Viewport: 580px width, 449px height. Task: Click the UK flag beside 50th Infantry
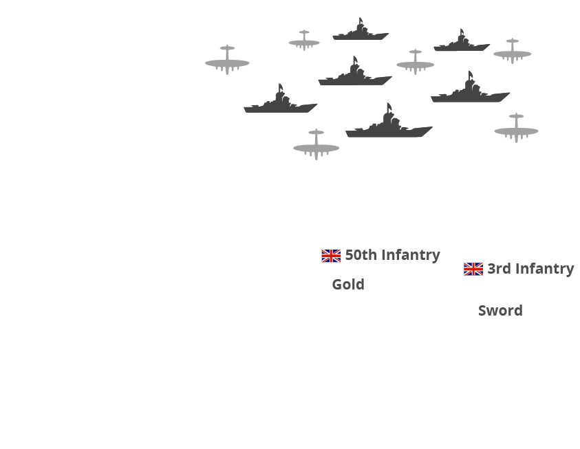coord(331,256)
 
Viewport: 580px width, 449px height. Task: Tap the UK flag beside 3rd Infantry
coord(473,269)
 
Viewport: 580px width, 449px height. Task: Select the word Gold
coord(348,284)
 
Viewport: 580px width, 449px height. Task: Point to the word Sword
coord(500,310)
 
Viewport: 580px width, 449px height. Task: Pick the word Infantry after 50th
coord(411,254)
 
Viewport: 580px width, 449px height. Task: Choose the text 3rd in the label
coord(499,268)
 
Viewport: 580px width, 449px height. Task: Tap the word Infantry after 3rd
coord(544,268)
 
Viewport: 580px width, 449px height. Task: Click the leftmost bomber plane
coord(227,60)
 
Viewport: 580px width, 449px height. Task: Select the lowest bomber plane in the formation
coord(316,145)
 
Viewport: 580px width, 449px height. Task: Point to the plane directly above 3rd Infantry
coord(516,129)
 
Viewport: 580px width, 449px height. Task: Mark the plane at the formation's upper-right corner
coord(512,51)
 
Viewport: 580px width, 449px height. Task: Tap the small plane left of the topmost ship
coord(304,41)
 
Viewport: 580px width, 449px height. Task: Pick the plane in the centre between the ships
coord(415,62)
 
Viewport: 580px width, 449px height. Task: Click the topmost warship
coord(361,31)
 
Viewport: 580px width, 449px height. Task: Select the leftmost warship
coord(280,101)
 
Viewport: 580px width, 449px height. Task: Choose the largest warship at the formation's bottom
coord(389,124)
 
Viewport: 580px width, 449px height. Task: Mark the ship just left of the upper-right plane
coord(462,43)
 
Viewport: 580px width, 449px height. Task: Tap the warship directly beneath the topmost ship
coord(354,74)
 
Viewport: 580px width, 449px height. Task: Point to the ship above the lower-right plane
coord(471,90)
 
